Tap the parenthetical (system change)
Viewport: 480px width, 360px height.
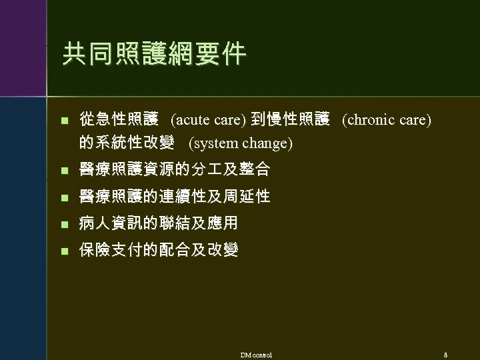pos(241,143)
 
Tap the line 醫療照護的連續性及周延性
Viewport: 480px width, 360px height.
pos(175,197)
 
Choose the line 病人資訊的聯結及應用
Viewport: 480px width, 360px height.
pos(159,223)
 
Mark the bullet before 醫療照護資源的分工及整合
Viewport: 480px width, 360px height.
pos(64,171)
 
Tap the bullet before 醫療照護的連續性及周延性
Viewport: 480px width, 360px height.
pos(64,197)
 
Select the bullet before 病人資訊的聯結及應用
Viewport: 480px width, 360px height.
pos(64,223)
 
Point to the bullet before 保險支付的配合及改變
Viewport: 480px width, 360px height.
pos(64,251)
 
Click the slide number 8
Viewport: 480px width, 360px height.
pos(445,354)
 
